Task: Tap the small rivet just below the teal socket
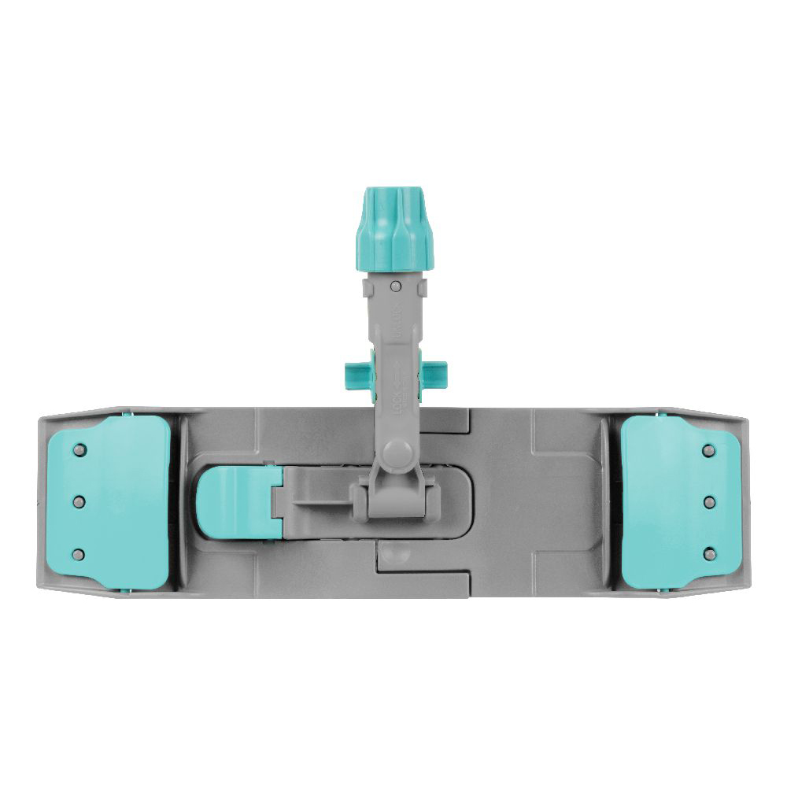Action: click(396, 285)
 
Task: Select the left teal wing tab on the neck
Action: click(356, 370)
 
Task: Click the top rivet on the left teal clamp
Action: click(78, 450)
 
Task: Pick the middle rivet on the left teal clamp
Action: click(78, 501)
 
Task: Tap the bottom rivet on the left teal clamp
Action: click(78, 555)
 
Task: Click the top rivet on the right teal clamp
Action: click(708, 450)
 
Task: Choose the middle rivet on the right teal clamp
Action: click(708, 501)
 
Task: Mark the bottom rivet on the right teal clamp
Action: click(708, 553)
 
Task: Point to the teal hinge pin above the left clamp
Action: click(129, 412)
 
